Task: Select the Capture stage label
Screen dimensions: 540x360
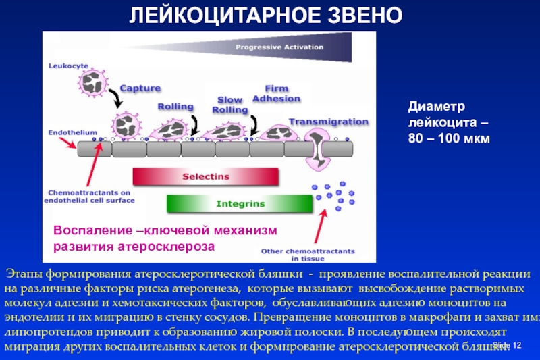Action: tap(140, 88)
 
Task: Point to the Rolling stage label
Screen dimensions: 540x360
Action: tap(175, 107)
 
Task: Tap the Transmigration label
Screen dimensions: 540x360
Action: tap(329, 122)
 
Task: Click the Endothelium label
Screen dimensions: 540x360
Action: tap(73, 132)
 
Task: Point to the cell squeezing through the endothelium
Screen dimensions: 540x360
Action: tap(317, 149)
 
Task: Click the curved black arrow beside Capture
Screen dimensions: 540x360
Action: tap(117, 99)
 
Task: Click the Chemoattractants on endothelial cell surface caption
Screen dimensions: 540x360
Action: tap(89, 195)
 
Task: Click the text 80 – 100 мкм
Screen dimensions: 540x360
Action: tap(448, 138)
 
